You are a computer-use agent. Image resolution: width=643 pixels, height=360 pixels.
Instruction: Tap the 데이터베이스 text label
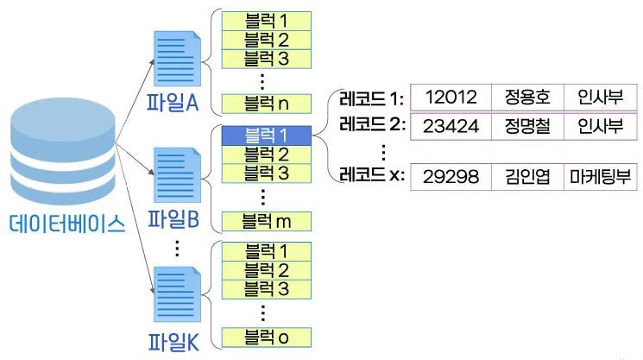click(x=67, y=224)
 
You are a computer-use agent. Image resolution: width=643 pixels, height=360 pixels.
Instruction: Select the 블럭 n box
click(x=267, y=104)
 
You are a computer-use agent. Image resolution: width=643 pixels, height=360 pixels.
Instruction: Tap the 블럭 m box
click(x=267, y=220)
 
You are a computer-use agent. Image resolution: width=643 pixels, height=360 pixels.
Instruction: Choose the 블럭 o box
click(x=267, y=337)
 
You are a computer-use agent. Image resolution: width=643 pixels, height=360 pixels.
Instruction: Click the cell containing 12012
click(x=451, y=96)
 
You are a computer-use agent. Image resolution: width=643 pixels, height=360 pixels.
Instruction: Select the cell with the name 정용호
click(x=526, y=96)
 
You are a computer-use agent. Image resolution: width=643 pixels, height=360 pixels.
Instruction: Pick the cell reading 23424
click(x=451, y=126)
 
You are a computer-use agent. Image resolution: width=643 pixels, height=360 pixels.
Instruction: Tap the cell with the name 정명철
click(x=526, y=126)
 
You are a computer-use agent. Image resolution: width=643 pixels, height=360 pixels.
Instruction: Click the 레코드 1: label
click(x=372, y=95)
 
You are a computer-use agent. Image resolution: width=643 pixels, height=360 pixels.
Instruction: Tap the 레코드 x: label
click(x=372, y=175)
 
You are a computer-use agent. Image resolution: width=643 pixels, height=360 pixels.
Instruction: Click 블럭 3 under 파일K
click(x=267, y=287)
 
